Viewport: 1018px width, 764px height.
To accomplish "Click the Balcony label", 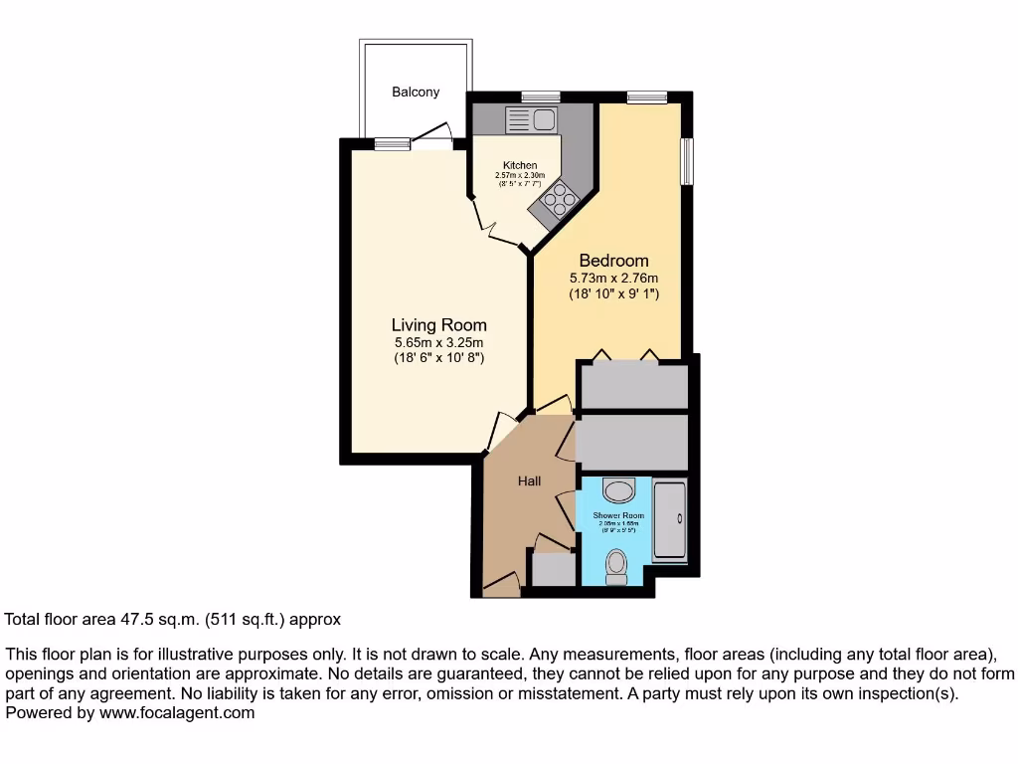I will (x=416, y=93).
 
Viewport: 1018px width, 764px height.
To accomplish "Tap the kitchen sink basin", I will (x=544, y=120).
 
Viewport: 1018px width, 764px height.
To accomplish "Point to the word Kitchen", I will (x=520, y=165).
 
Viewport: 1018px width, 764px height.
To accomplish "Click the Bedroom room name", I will (x=613, y=262).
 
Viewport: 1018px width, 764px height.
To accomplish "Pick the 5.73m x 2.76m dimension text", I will (x=613, y=279).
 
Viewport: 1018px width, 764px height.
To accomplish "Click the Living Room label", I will (x=438, y=325).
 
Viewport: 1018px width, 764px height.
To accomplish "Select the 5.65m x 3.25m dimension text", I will (x=438, y=342).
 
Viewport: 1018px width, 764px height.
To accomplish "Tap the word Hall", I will (x=529, y=481).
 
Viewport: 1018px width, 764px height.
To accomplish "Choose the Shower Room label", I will (x=618, y=515).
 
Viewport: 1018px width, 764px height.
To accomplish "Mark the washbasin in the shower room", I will (x=619, y=489).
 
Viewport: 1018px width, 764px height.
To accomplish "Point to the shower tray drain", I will (x=679, y=518).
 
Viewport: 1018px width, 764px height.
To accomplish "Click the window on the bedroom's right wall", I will (x=686, y=160).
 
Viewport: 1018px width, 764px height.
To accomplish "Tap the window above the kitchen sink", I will (x=540, y=96).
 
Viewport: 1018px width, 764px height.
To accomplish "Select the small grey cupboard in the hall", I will (x=553, y=569).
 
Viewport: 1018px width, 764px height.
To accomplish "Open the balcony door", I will (x=433, y=139).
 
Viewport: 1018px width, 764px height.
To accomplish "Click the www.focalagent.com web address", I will (x=175, y=712).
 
